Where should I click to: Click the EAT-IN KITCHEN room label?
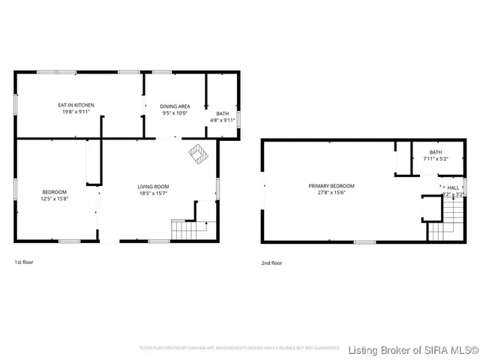click(x=76, y=105)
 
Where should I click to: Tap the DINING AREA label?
click(x=175, y=106)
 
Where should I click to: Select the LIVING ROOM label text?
click(x=153, y=187)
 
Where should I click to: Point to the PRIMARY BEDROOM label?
click(x=331, y=185)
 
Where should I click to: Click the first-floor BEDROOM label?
click(x=54, y=192)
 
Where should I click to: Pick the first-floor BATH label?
click(x=222, y=113)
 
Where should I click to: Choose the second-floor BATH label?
click(x=436, y=152)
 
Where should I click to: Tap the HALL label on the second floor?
click(x=453, y=187)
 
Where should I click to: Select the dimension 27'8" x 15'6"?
click(x=331, y=192)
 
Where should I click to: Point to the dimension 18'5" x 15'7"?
click(x=153, y=193)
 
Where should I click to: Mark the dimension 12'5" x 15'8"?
click(x=54, y=199)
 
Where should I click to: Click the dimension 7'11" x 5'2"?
click(x=436, y=159)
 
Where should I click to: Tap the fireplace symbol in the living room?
click(x=198, y=153)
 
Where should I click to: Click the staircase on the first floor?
click(x=183, y=229)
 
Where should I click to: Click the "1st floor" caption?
click(x=24, y=262)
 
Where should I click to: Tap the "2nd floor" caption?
click(x=271, y=263)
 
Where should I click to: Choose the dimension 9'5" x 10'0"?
click(x=175, y=113)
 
